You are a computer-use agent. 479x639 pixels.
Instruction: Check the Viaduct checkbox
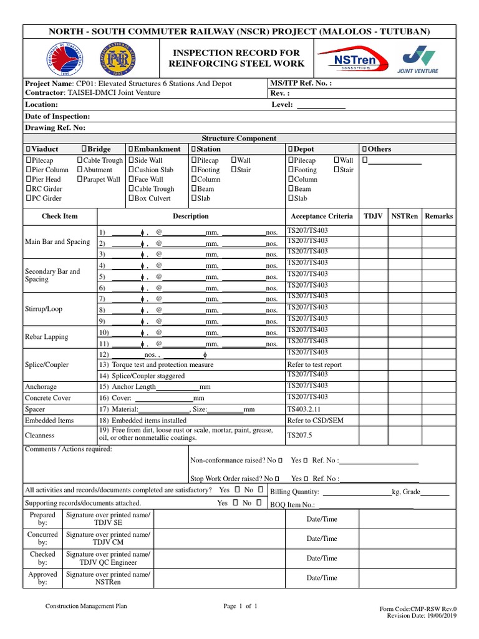click(x=28, y=150)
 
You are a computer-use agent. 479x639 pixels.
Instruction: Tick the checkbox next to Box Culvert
click(x=131, y=198)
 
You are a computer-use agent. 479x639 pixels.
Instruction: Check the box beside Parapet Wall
click(x=80, y=180)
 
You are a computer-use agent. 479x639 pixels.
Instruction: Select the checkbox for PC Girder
click(x=28, y=198)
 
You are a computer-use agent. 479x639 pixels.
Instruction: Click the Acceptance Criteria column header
click(x=321, y=217)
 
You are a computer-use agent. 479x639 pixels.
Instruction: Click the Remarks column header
click(x=438, y=217)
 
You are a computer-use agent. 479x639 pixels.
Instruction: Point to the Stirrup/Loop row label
click(x=43, y=310)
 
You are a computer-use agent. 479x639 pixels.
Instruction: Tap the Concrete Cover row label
click(x=48, y=398)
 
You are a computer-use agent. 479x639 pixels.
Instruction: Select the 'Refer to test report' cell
click(x=314, y=365)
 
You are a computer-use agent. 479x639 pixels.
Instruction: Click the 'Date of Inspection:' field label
click(x=57, y=117)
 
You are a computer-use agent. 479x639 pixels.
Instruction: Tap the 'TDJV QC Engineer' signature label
click(x=109, y=562)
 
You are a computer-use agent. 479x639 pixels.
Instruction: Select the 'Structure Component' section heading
click(x=239, y=139)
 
